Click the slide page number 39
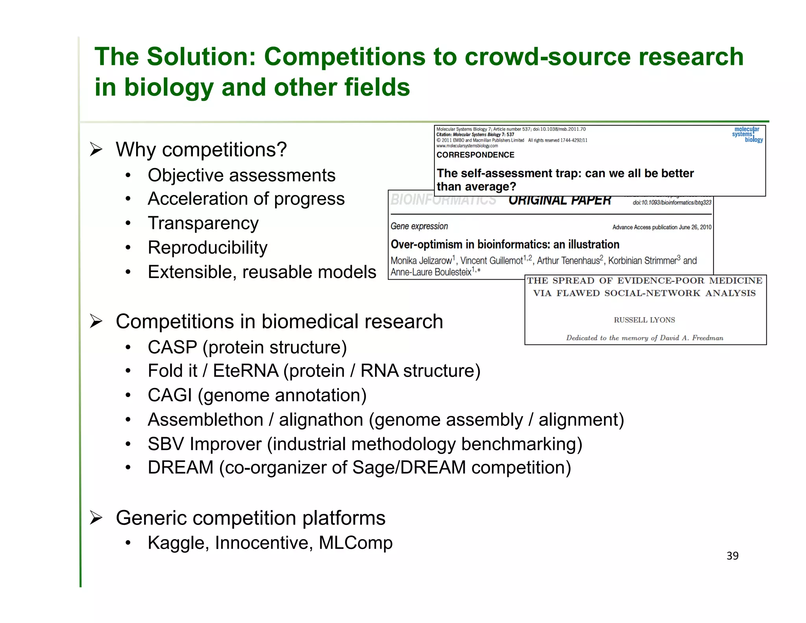click(732, 556)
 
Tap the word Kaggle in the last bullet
click(177, 543)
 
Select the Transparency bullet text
click(203, 223)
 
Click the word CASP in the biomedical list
click(172, 347)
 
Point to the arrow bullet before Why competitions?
click(96, 150)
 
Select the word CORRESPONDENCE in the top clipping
click(475, 155)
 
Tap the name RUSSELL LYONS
click(644, 320)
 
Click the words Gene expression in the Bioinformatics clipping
click(419, 226)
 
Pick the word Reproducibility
click(207, 248)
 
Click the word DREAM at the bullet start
click(180, 468)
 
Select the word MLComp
click(355, 543)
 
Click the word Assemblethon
click(205, 420)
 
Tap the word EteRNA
click(246, 371)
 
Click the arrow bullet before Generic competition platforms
click(96, 517)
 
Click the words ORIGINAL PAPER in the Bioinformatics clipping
click(559, 200)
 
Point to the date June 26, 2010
click(695, 227)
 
